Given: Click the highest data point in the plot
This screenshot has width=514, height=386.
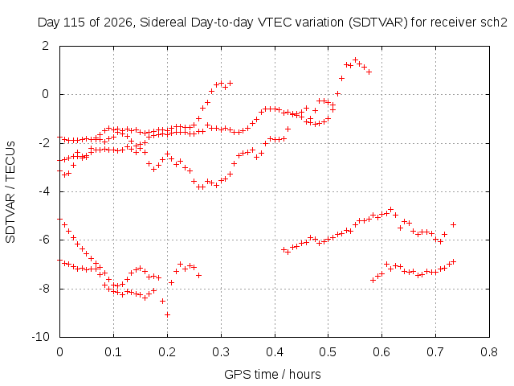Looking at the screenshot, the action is click(355, 60).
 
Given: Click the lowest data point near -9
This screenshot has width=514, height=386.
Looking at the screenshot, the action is click(168, 314).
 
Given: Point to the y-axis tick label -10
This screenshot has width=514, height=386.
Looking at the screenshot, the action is click(40, 337).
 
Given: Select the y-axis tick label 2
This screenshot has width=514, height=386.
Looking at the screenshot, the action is click(45, 46).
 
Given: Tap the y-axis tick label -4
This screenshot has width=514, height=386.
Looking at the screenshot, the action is click(43, 191).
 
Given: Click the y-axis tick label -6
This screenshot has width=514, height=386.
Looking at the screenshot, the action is click(43, 240).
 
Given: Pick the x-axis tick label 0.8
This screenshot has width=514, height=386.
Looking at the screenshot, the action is click(489, 352).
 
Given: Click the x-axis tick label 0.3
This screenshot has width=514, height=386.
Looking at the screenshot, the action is click(221, 352).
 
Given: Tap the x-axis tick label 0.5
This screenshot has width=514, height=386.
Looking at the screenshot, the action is click(328, 352).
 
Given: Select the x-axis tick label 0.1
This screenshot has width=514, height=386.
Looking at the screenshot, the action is click(113, 352).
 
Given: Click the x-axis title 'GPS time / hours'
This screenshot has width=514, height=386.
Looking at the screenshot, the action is click(272, 375).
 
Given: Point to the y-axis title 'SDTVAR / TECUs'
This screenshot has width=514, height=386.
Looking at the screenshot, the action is click(10, 192).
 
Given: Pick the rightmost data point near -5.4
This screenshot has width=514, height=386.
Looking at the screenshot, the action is click(453, 225).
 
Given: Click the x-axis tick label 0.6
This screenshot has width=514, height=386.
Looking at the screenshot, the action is click(382, 352).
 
